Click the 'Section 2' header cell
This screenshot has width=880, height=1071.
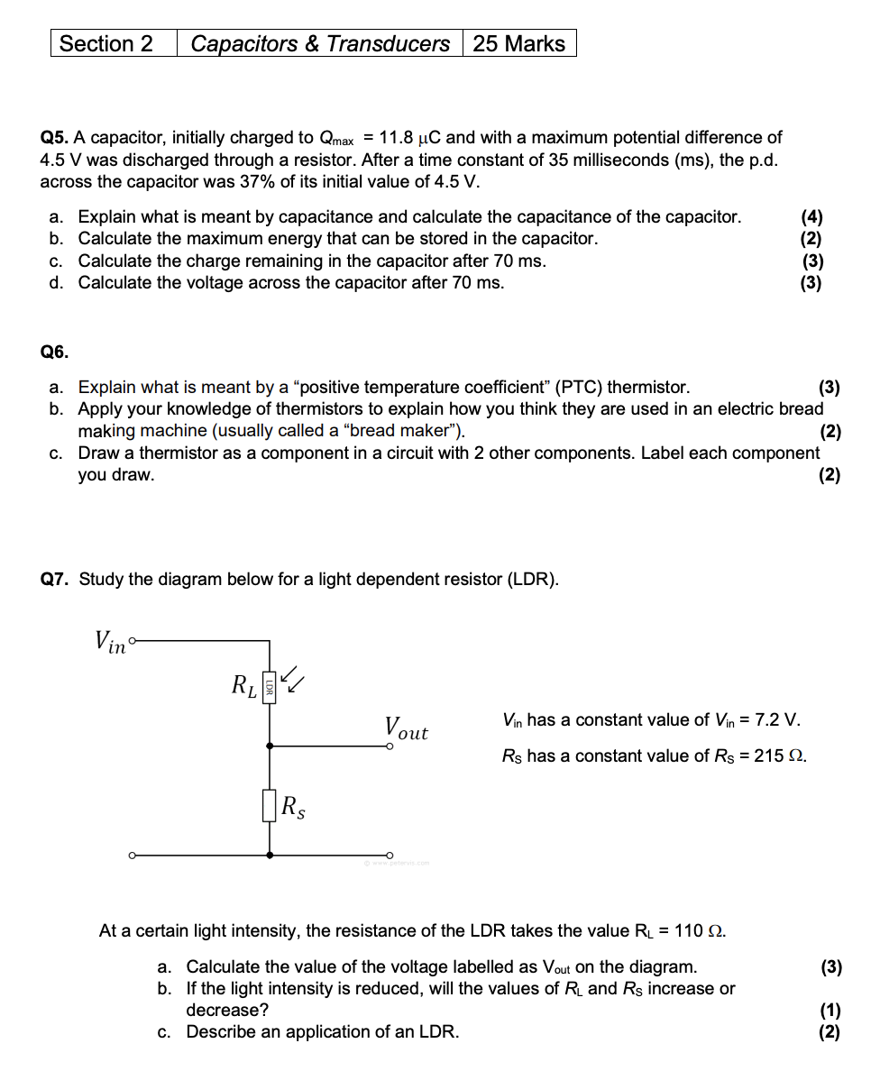[106, 43]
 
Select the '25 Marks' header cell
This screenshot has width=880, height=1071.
[518, 43]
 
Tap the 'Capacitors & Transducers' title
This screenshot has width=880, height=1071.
[320, 43]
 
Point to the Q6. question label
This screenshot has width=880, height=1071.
[54, 352]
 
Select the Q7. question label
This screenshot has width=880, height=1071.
[55, 579]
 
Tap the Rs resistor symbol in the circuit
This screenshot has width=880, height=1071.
[269, 805]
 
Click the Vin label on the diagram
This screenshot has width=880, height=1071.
[110, 641]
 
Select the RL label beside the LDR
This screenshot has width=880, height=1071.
[243, 686]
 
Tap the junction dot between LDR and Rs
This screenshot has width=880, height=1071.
[269, 746]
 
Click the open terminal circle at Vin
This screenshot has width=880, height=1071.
[133, 642]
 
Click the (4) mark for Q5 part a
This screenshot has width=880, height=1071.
[811, 216]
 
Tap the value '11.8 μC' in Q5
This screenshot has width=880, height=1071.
[410, 138]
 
